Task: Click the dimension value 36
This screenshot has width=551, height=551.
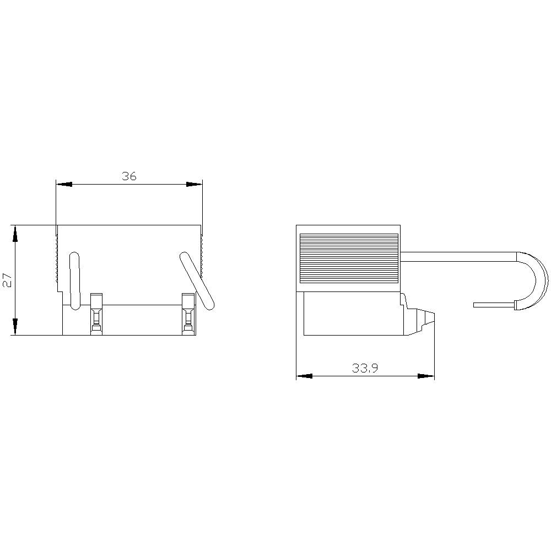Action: click(129, 176)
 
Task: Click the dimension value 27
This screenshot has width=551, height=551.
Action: click(7, 280)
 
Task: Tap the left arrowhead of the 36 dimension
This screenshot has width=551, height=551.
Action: click(64, 184)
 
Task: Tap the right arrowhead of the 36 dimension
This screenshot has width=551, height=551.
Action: click(195, 184)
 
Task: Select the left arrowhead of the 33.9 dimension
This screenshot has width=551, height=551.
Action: click(304, 376)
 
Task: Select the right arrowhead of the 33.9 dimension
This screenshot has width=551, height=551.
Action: click(426, 376)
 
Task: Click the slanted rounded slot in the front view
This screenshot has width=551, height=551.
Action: click(197, 280)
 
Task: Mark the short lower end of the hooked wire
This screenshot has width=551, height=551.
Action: click(494, 304)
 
